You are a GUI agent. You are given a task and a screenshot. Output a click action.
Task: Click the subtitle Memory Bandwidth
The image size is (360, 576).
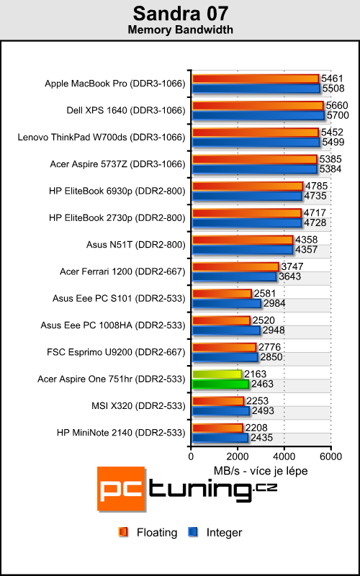click(x=179, y=30)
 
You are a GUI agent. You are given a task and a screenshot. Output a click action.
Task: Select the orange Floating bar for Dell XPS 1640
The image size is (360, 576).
click(x=257, y=106)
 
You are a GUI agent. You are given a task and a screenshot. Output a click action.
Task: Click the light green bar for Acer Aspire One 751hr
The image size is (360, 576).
click(x=217, y=374)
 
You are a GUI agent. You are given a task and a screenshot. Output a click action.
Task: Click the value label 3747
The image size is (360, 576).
click(x=291, y=266)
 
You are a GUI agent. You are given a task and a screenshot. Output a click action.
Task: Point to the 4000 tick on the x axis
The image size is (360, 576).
click(x=284, y=455)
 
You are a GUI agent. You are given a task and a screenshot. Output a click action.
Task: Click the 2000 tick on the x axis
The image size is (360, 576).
click(x=238, y=455)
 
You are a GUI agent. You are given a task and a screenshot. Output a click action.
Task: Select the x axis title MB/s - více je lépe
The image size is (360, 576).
click(x=261, y=470)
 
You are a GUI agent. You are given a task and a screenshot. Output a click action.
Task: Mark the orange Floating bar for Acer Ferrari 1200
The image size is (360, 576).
click(x=235, y=266)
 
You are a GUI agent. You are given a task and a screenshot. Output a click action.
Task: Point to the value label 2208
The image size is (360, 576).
click(x=256, y=428)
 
